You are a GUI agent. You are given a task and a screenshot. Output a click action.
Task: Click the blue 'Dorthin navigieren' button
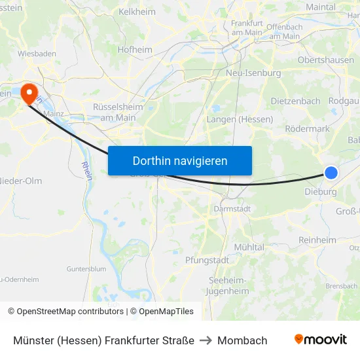[x=179, y=160]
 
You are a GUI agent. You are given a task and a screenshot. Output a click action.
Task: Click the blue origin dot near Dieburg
[x=331, y=173]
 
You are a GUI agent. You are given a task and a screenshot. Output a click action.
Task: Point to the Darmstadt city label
[x=232, y=209]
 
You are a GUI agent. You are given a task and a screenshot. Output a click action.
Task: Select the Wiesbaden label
[x=37, y=54]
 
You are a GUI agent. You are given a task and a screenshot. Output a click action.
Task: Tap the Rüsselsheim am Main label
[x=115, y=112]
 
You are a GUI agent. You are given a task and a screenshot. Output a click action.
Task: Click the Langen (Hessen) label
[x=240, y=120]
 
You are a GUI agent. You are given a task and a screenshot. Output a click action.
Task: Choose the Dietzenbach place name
[x=296, y=101]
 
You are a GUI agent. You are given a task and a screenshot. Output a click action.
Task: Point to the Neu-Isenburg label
[x=253, y=73]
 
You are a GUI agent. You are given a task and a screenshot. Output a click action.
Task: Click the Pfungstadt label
[x=207, y=260]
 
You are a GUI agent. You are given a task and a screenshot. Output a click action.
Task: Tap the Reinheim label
[x=317, y=240]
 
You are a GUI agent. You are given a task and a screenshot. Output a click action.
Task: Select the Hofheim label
[x=135, y=49]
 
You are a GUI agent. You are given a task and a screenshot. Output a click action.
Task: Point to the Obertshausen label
[x=326, y=60]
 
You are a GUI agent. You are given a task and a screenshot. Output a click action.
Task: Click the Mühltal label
[x=249, y=247]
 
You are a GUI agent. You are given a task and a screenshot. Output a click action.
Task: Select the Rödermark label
[x=308, y=129]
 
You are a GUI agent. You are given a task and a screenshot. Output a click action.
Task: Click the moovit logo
[x=321, y=340]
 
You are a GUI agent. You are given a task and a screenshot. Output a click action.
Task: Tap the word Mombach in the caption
[x=242, y=340]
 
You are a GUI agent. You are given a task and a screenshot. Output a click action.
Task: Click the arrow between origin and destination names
[x=206, y=340]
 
